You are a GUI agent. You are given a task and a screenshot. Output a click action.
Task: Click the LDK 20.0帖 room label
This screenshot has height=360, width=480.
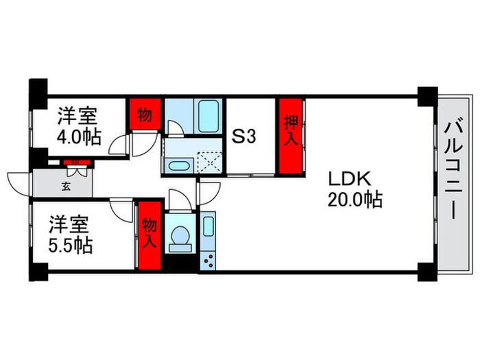[354, 189]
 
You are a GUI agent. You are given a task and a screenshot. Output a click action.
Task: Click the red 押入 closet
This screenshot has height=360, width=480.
[291, 137]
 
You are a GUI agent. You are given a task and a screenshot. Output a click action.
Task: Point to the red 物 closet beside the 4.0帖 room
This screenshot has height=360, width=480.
[144, 115]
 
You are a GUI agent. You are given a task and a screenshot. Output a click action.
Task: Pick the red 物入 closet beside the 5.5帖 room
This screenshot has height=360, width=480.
[149, 233]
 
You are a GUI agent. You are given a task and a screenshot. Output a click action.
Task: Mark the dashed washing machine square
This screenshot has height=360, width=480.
[208, 159]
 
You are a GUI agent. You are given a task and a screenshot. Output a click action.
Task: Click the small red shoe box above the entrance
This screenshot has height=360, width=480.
[71, 162]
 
